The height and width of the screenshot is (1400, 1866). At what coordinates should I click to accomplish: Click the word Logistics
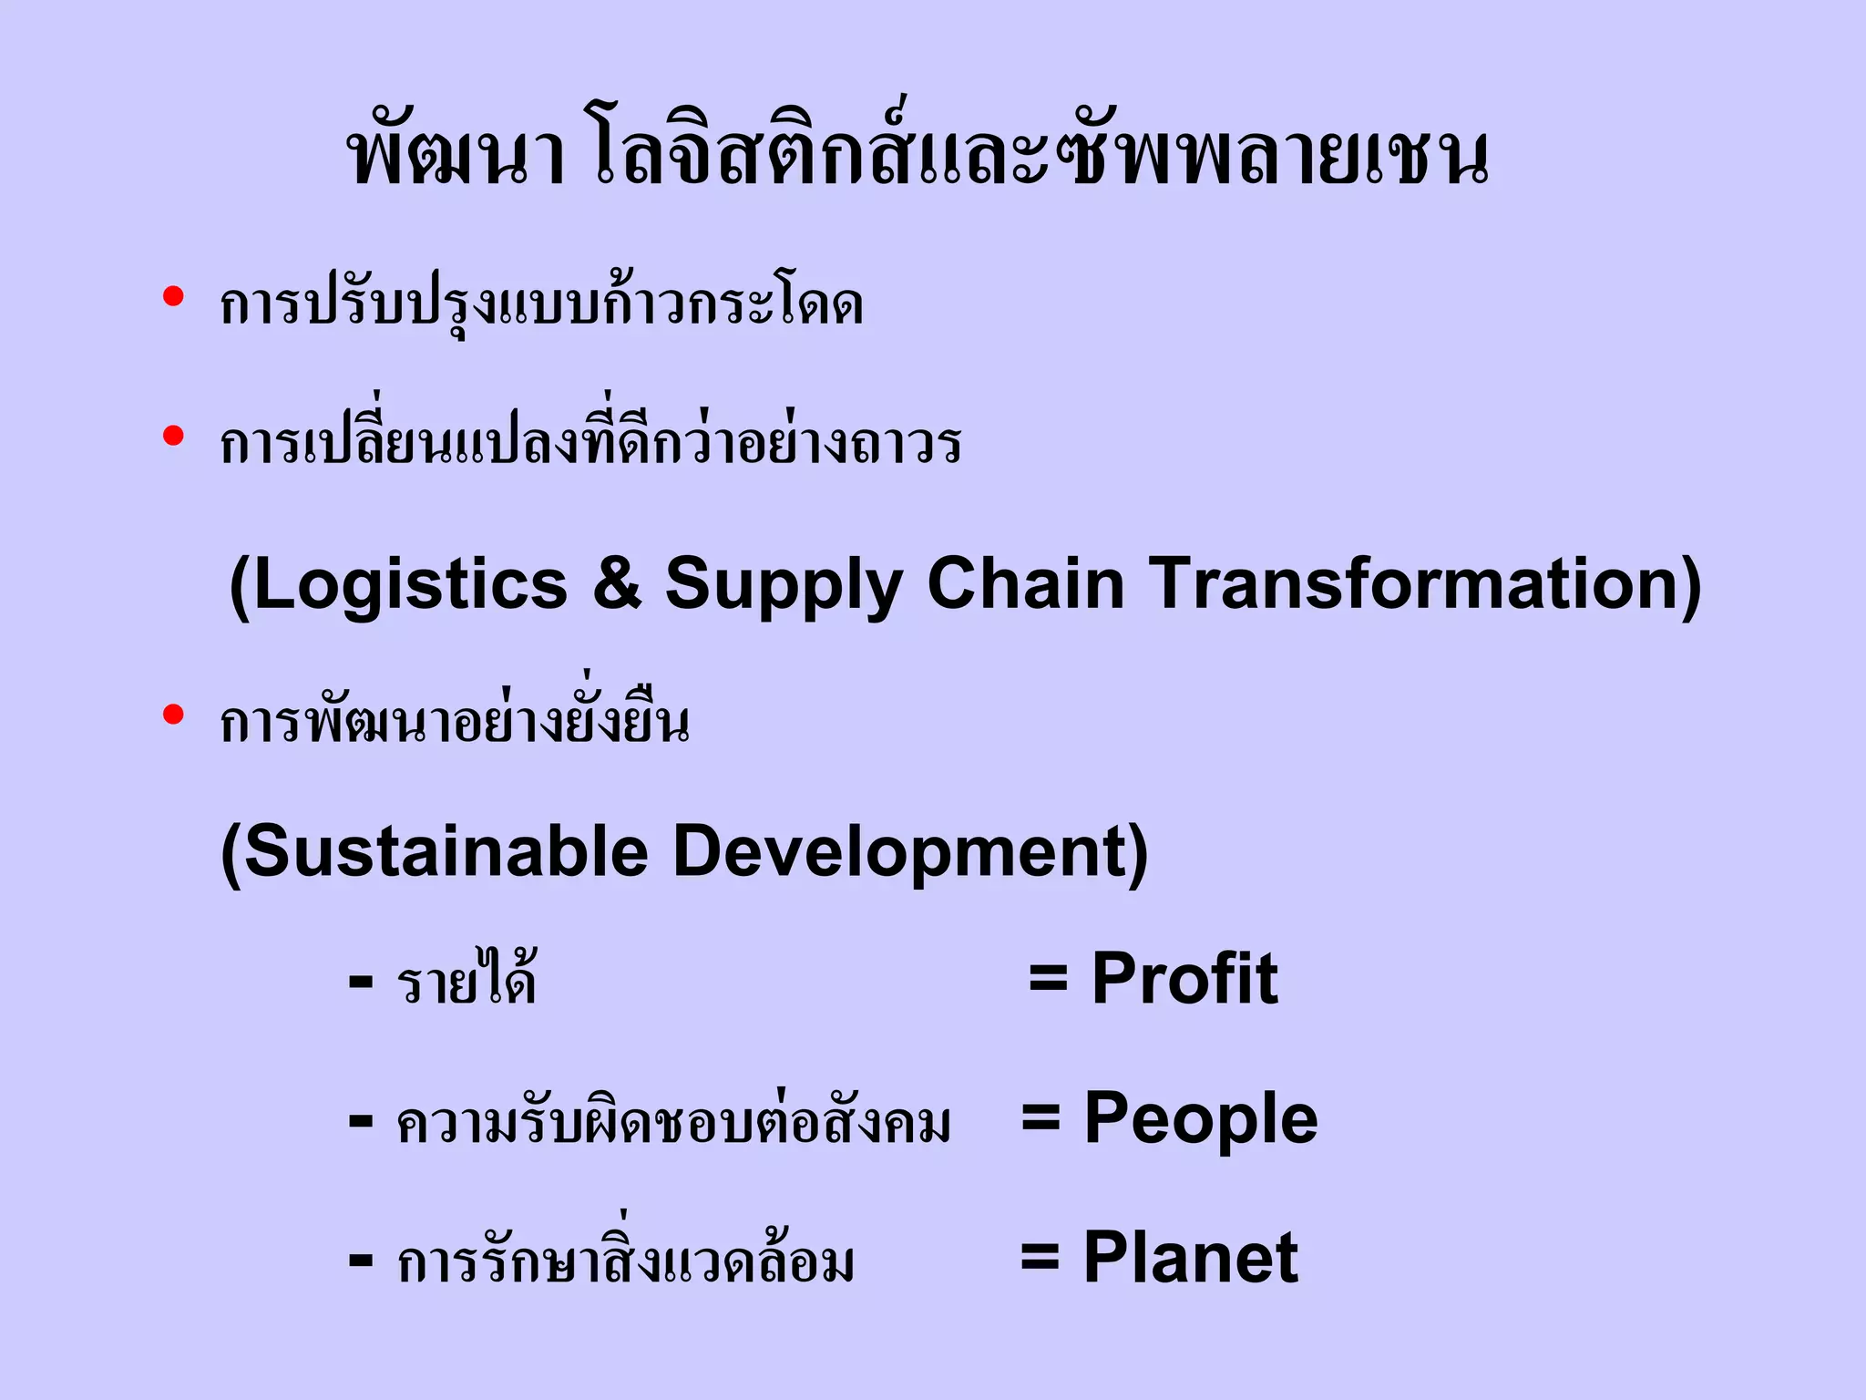coord(408,585)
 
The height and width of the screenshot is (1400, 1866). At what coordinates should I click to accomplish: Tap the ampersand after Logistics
coord(617,585)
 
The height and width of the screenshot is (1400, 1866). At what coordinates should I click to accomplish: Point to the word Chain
coord(1025,583)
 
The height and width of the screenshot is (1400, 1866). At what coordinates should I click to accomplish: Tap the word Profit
coord(1184,980)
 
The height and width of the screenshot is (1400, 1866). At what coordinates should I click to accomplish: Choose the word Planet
coord(1190,1259)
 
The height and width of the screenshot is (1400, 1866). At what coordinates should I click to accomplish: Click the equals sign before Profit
coord(1048,980)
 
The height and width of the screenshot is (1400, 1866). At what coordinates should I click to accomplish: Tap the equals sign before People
coord(1041,1118)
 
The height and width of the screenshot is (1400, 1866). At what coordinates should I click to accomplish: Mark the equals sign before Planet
coord(1040,1259)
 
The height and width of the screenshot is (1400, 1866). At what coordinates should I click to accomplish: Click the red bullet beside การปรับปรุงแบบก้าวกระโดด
coord(173,297)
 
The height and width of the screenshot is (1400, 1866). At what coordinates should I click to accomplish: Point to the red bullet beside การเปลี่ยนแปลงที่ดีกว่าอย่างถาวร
coord(173,437)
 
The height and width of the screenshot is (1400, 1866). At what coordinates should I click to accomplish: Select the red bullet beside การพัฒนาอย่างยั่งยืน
coord(173,715)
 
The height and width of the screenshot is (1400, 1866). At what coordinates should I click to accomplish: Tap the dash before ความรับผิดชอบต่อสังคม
coord(361,1122)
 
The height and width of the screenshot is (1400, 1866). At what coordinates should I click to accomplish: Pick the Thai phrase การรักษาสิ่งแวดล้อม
coord(626,1259)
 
